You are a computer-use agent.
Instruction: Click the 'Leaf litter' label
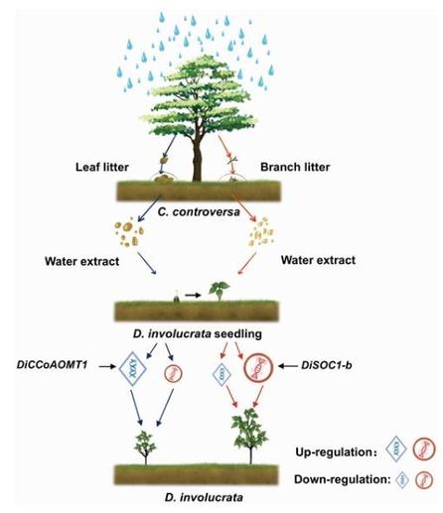(102, 167)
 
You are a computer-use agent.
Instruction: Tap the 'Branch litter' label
(295, 167)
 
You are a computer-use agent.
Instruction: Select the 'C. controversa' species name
(199, 211)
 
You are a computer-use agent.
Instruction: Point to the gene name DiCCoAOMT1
(53, 365)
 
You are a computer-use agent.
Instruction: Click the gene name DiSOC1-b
(327, 365)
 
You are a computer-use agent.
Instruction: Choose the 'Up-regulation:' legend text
(337, 451)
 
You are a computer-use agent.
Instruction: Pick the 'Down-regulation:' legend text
(343, 479)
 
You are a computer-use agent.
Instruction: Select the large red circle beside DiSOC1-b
(258, 367)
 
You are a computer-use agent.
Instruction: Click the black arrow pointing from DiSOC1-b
(288, 366)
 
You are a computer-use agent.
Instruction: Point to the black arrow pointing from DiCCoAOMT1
(107, 366)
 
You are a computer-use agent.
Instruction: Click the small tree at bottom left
(145, 448)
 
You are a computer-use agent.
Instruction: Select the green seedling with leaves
(219, 291)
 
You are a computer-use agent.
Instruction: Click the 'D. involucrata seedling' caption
(198, 333)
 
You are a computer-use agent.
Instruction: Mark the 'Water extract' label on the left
(81, 261)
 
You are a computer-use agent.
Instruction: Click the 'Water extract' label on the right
(318, 260)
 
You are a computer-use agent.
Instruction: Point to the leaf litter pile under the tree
(163, 179)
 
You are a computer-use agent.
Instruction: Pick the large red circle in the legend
(423, 449)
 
